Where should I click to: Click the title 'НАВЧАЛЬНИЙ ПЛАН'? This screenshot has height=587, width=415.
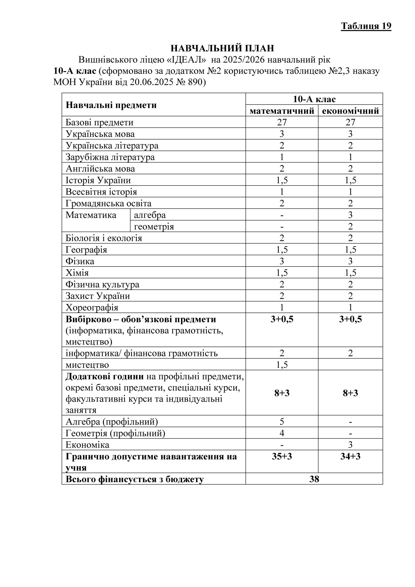222,48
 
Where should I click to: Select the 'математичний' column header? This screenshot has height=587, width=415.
282,111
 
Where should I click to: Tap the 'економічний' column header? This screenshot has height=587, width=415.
350,111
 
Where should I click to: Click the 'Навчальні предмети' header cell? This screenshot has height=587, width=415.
111,105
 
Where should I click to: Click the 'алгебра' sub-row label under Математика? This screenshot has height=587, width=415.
150,215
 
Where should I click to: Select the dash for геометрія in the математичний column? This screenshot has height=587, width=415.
282,227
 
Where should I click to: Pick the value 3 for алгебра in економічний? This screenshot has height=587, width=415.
350,215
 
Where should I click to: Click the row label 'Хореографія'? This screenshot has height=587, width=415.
92,307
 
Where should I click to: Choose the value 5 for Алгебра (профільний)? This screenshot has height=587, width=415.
282,422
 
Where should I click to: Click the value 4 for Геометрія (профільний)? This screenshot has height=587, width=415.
282,433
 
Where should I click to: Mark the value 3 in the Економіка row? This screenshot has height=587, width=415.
350,445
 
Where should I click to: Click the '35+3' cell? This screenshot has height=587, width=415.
282,456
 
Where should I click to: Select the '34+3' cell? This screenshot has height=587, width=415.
350,456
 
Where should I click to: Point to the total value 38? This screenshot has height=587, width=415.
314,479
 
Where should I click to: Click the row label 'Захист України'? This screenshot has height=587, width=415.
98,296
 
